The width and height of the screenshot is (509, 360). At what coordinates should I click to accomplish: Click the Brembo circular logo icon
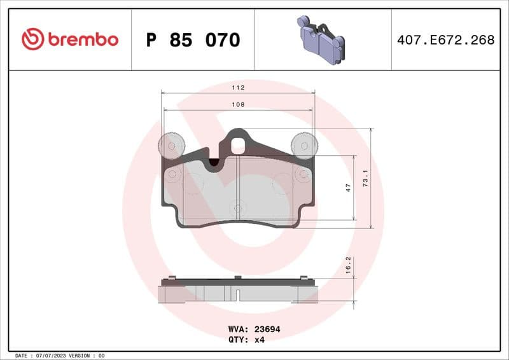[x=32, y=39]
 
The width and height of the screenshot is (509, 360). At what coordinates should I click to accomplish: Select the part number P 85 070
[x=193, y=40]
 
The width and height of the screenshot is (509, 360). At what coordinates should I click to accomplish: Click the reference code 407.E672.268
[x=445, y=40]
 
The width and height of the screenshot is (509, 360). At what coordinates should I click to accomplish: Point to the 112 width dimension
[x=238, y=88]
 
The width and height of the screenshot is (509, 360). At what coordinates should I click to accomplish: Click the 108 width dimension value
[x=238, y=104]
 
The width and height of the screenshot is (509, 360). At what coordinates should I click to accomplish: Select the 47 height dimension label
[x=348, y=188]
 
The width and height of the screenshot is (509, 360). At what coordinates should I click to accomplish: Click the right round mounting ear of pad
[x=304, y=146]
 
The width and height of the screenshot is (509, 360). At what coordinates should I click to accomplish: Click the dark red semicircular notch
[x=215, y=163]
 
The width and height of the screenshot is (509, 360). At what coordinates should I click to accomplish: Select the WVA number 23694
[x=267, y=329]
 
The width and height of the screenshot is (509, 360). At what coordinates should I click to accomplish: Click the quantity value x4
[x=259, y=340]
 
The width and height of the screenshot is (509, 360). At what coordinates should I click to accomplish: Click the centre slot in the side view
[x=237, y=295]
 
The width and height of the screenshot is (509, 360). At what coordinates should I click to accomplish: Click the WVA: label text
[x=239, y=329]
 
